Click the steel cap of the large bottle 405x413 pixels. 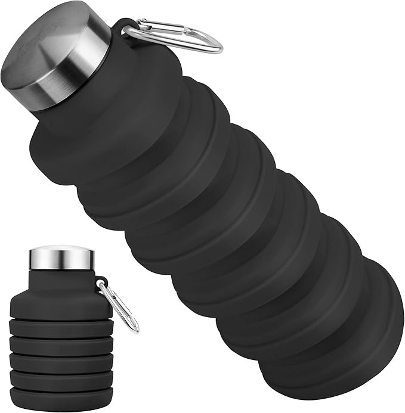point(57,57)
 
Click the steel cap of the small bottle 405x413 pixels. point(61,257)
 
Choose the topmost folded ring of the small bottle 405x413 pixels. point(60,327)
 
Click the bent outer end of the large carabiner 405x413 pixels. point(218,45)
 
